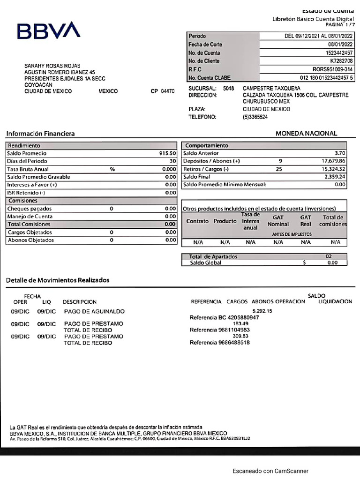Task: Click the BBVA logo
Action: [49, 31]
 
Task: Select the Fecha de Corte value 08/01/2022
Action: [340, 45]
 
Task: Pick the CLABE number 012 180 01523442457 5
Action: [327, 78]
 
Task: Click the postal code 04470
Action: [167, 91]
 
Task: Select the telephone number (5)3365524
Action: [255, 117]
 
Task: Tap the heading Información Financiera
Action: [40, 134]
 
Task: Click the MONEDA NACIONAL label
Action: [306, 133]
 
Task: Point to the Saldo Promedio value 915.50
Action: [167, 153]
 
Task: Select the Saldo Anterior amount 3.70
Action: [340, 153]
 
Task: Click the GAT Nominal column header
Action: [278, 221]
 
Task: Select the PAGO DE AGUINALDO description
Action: [94, 311]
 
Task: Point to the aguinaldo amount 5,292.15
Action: [262, 311]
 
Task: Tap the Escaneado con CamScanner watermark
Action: [270, 471]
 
